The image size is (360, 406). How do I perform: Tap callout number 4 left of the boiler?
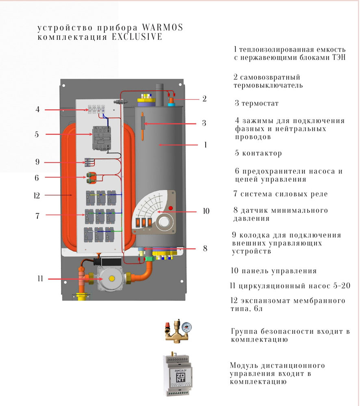tap(37, 110)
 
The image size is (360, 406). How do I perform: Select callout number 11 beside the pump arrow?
tap(40, 279)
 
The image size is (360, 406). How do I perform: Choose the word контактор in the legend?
tap(261, 154)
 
